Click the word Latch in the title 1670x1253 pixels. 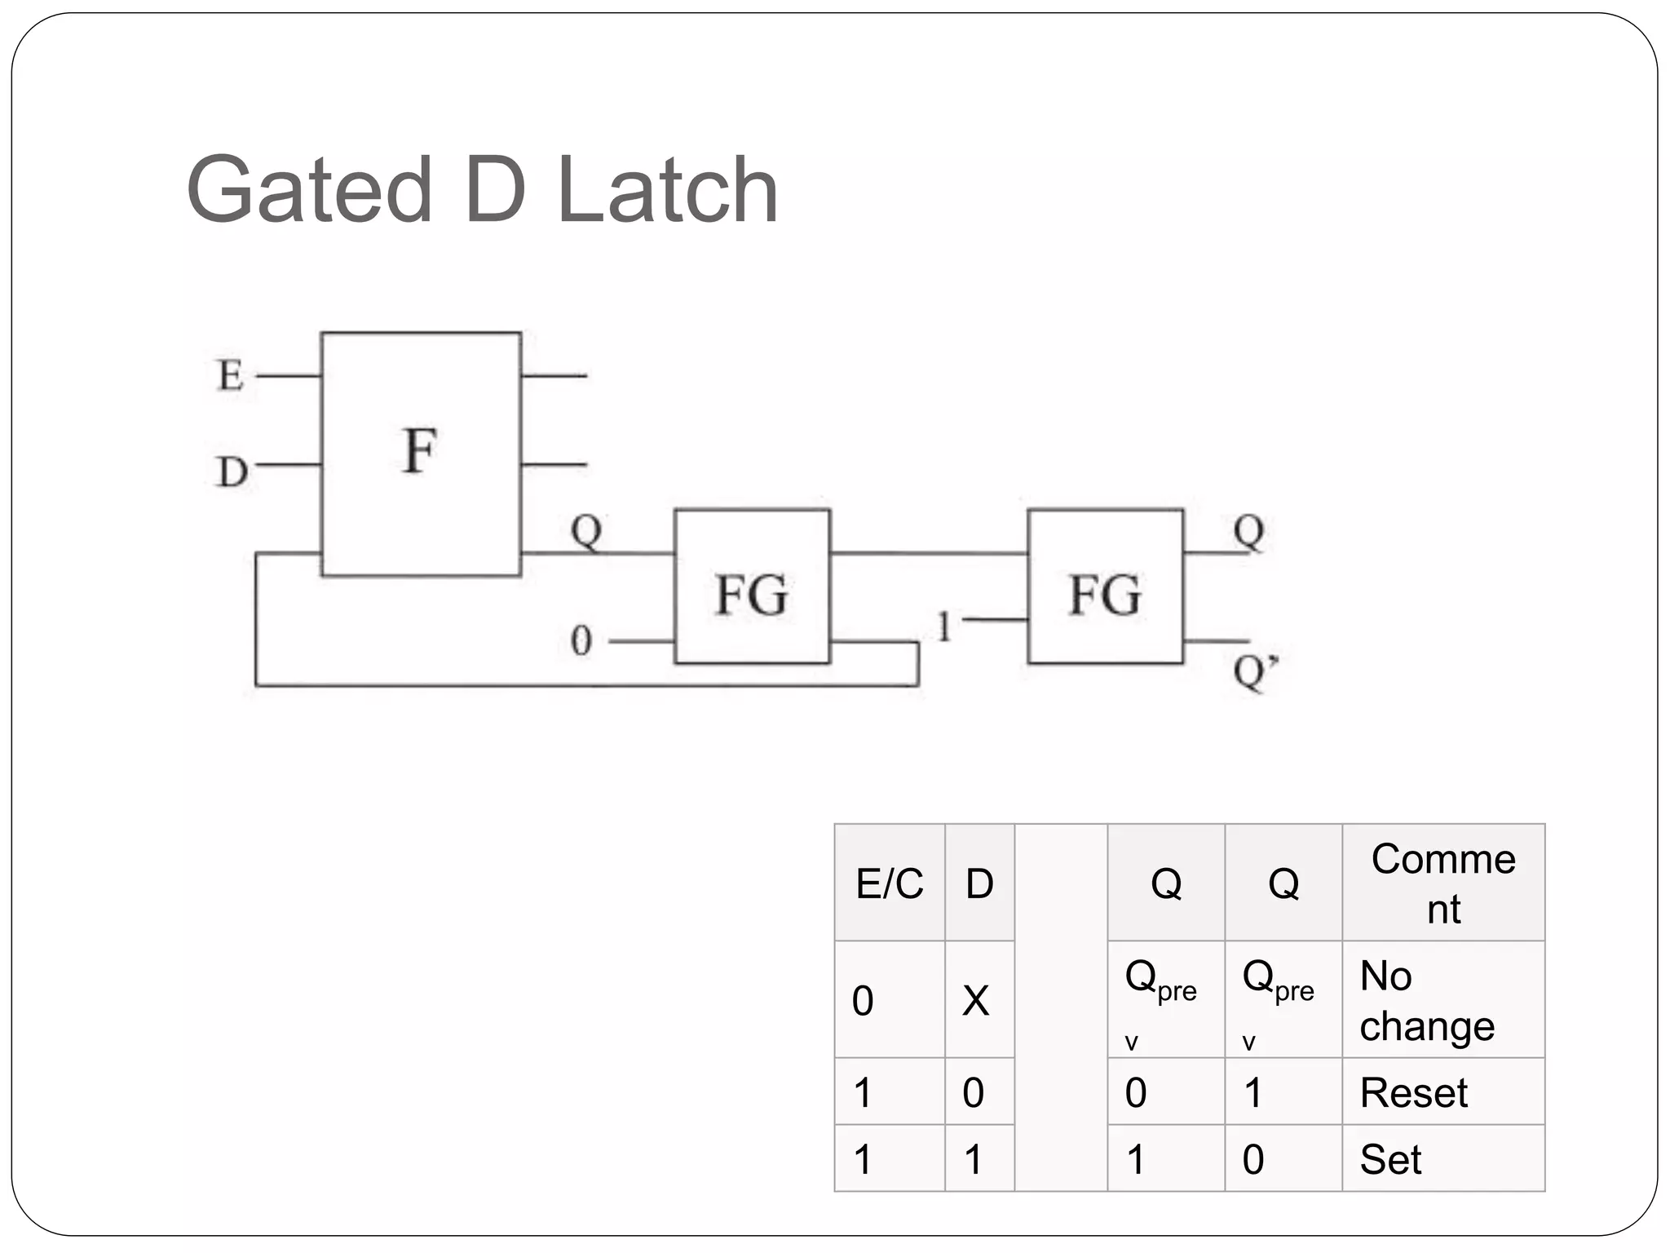click(668, 190)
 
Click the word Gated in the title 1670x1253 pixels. click(309, 190)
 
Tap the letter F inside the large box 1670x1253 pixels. click(420, 450)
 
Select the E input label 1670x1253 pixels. click(230, 376)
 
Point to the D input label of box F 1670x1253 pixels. click(232, 472)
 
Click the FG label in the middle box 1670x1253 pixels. click(751, 595)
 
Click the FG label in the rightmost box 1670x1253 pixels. click(1105, 595)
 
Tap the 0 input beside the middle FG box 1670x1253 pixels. click(581, 640)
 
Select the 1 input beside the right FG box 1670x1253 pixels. click(944, 626)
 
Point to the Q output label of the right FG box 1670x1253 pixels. click(1248, 531)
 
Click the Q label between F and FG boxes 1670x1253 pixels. click(586, 531)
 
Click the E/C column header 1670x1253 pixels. click(889, 883)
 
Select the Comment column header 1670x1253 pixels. click(1442, 883)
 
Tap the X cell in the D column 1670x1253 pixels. click(975, 1001)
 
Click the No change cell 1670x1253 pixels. click(1426, 1001)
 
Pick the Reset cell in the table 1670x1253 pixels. click(1413, 1093)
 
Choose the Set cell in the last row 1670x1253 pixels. click(1390, 1159)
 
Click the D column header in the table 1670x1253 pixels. click(979, 883)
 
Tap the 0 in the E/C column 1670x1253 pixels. click(863, 1001)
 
